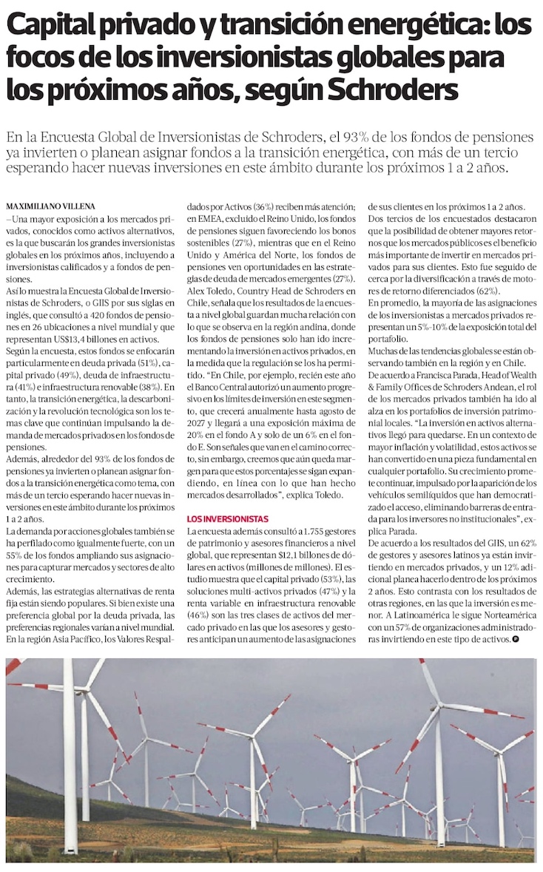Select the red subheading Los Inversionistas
tap(227, 519)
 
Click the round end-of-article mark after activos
tap(515, 638)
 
